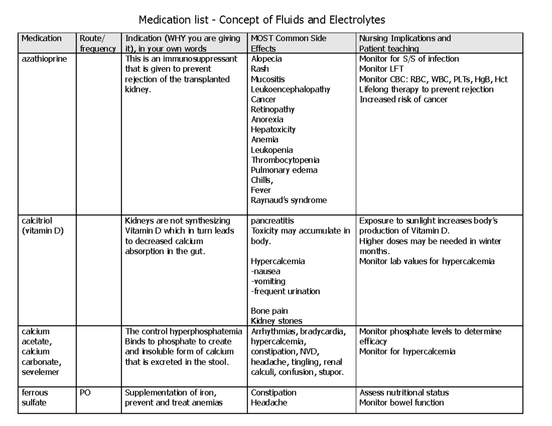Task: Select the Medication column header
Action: (41, 38)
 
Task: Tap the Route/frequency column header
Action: (97, 43)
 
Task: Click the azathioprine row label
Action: (44, 59)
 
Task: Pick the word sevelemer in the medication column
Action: (40, 372)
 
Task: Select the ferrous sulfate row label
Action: (35, 398)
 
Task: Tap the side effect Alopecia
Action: (266, 59)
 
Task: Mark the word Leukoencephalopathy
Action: (290, 89)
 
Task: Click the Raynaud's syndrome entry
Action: (288, 200)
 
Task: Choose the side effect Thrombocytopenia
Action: (285, 160)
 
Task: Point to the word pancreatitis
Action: (272, 221)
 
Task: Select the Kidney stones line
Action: (276, 321)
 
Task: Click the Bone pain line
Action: (269, 311)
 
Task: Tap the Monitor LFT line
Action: (381, 69)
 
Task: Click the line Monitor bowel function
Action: (401, 403)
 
